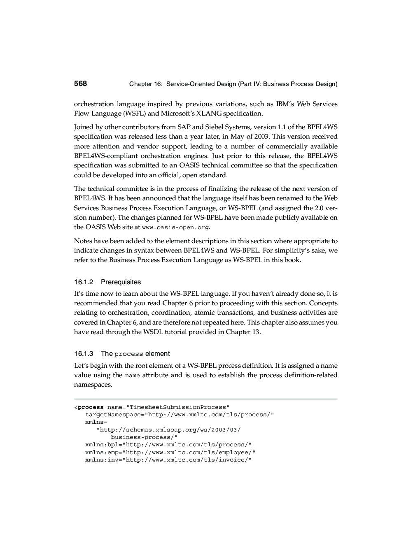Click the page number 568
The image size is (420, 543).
pos(80,84)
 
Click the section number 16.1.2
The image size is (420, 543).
pos(84,282)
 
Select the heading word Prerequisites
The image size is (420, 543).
pos(121,282)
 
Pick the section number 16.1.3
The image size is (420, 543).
pos(84,354)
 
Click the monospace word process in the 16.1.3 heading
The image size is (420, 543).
pos(129,354)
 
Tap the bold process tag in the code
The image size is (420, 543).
pos(91,407)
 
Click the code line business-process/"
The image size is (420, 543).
pos(144,437)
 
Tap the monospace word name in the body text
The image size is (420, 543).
pos(132,376)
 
